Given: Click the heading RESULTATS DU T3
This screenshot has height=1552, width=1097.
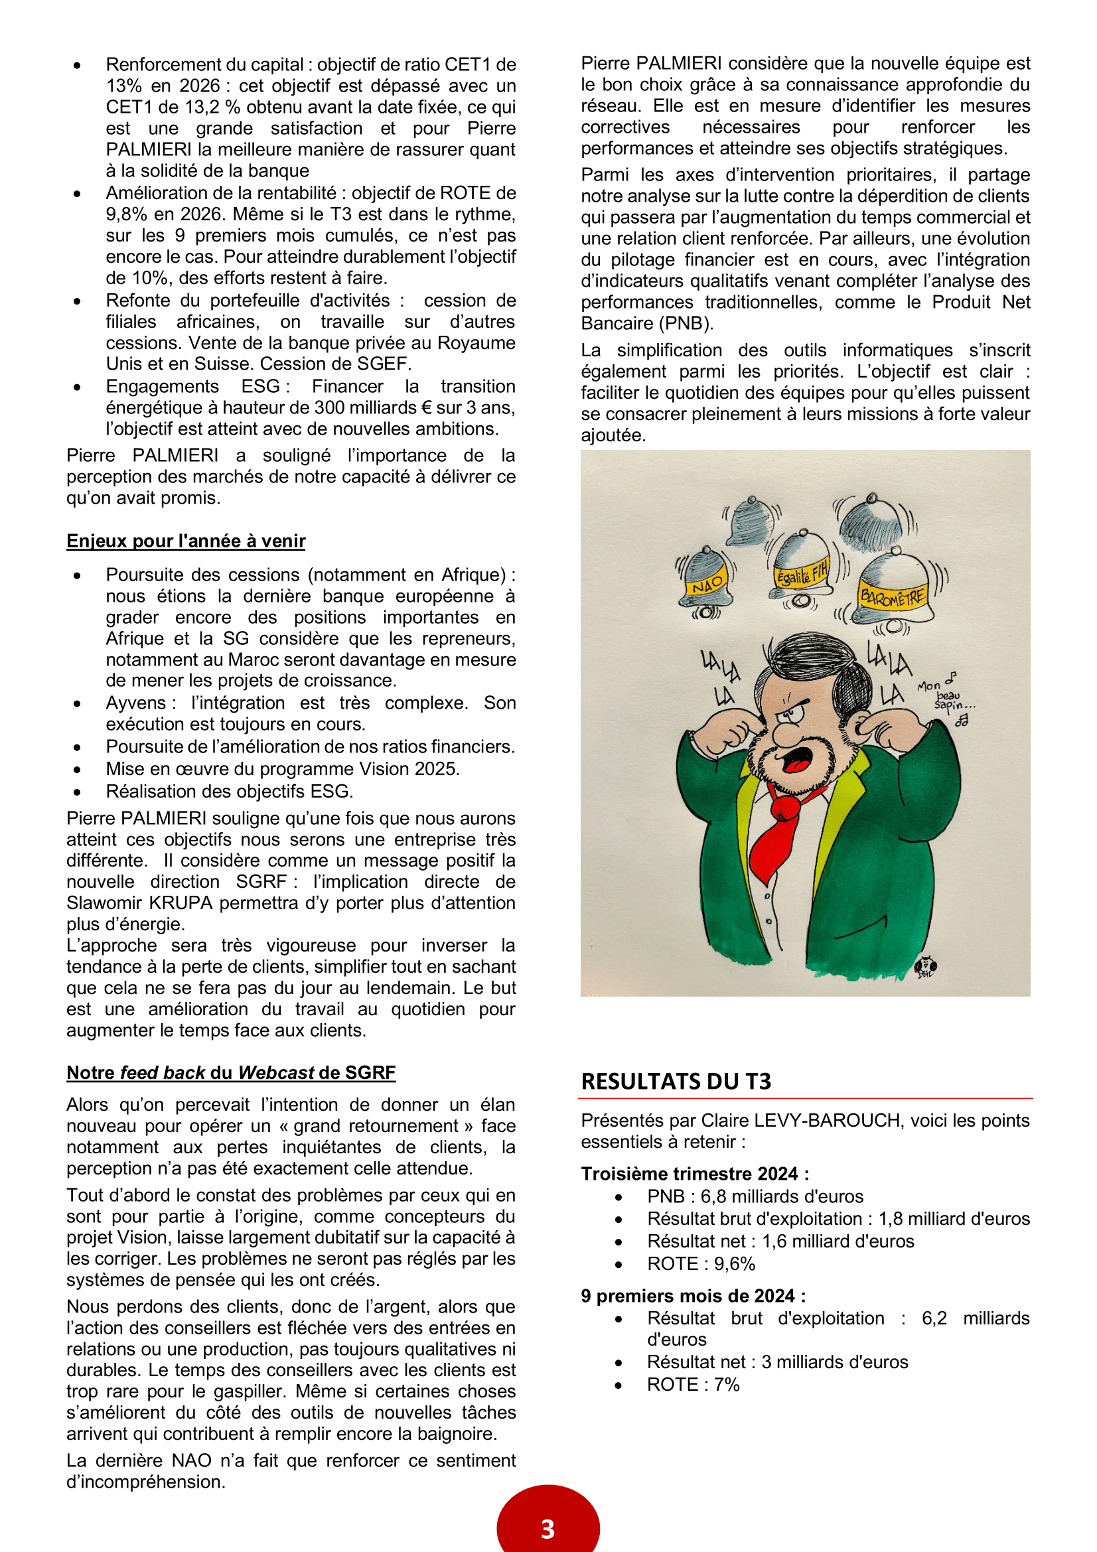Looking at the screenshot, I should (x=675, y=1081).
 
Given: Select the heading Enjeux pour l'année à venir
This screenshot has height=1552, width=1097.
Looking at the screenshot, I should (x=186, y=541).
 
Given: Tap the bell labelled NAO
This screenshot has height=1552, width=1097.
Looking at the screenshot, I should (x=706, y=579).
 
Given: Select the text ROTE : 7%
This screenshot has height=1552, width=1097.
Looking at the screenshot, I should (x=693, y=1384).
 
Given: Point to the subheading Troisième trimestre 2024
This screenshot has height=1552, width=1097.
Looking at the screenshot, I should (x=694, y=1174).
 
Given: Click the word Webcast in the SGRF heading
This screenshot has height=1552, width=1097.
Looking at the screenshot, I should (x=276, y=1073).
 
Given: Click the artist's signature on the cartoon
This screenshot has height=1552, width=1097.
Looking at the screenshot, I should (x=924, y=967).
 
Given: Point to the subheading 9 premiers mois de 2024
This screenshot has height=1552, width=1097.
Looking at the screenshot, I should (x=693, y=1296).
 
